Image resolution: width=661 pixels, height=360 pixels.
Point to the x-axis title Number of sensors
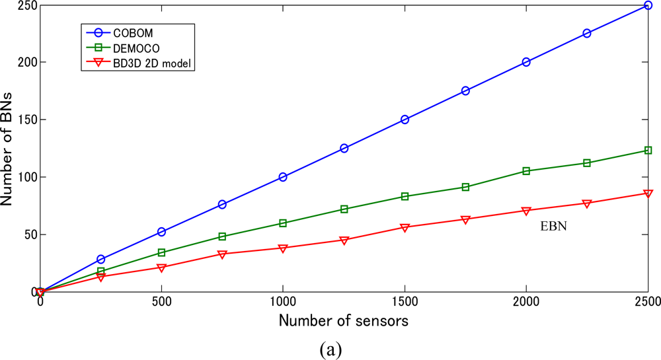point(344,322)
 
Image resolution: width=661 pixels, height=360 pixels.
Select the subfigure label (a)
point(329,348)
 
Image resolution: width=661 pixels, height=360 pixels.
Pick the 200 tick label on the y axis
point(23,62)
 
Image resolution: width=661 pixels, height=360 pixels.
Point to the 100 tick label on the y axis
point(23,177)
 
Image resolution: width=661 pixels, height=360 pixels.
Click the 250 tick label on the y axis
point(23,5)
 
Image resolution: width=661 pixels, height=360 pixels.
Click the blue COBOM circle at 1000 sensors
point(283,177)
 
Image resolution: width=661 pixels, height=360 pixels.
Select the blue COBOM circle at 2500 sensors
point(648,5)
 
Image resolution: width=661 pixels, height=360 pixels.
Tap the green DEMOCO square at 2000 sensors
point(526,171)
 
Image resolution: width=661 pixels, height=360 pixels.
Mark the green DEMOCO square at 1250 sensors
point(344,209)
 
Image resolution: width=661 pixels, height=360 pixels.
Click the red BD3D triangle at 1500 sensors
point(405,227)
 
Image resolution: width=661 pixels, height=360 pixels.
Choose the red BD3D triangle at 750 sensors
point(222,254)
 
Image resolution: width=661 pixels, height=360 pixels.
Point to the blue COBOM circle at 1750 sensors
point(465,90)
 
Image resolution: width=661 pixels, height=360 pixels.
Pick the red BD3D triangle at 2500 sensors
point(648,194)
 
